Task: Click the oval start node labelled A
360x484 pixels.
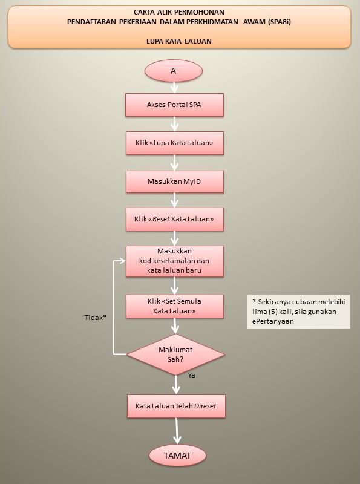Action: coord(174,71)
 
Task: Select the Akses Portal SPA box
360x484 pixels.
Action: coord(174,105)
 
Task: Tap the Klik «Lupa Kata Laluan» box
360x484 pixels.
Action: coord(174,143)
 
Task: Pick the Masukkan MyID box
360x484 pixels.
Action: coord(174,181)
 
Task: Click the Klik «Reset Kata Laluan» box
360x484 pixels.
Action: coord(174,219)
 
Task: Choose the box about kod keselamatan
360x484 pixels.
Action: coord(174,261)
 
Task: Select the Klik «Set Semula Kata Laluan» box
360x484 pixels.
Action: coord(174,306)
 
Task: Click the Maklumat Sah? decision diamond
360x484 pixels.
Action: coord(175,355)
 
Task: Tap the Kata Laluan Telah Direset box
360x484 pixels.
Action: coord(176,406)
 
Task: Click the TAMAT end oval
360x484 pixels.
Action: coord(177,456)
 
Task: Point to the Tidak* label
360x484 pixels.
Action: coord(96,317)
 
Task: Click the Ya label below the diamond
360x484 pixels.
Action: coord(191,375)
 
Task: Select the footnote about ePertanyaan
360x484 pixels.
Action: coord(298,312)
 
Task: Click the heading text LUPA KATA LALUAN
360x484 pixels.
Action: coord(179,41)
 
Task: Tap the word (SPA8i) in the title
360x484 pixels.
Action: coord(280,22)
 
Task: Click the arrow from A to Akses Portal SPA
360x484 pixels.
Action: coord(174,87)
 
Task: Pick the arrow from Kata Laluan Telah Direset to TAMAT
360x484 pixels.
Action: coord(177,431)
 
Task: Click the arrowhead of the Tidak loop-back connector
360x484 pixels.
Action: coord(123,261)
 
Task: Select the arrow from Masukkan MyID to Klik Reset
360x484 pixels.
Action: coord(174,200)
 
